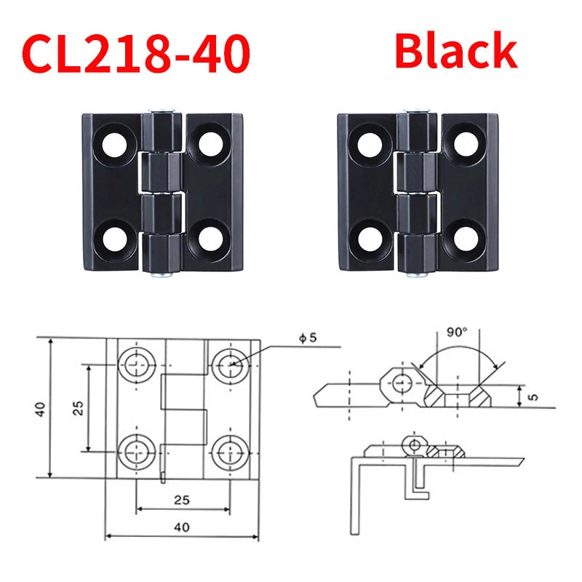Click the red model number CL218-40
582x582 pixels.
pyautogui.click(x=137, y=52)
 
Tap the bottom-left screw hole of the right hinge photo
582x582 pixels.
pyautogui.click(x=369, y=239)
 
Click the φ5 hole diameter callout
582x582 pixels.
pyautogui.click(x=307, y=338)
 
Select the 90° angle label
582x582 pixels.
pyautogui.click(x=456, y=332)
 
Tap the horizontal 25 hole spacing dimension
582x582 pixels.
pyautogui.click(x=183, y=501)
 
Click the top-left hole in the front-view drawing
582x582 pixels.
pyautogui.click(x=135, y=363)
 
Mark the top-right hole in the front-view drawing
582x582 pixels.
pyautogui.click(x=231, y=363)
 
